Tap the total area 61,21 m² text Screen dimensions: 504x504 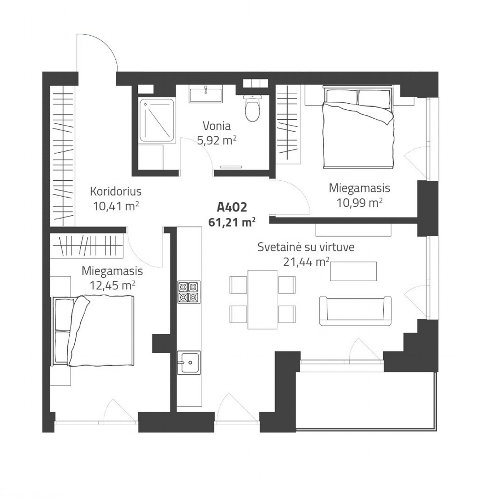tap(232, 222)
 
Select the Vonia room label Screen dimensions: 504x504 tap(217, 126)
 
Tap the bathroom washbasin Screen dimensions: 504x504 tap(205, 95)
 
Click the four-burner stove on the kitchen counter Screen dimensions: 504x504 tap(189, 292)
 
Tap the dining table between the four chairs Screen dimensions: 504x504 tap(262, 299)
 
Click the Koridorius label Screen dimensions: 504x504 tap(116, 192)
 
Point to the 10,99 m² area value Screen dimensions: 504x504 tap(359, 203)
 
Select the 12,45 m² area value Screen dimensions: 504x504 tap(112, 286)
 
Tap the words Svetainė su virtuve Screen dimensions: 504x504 tap(306, 247)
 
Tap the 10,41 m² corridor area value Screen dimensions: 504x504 tap(116, 206)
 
